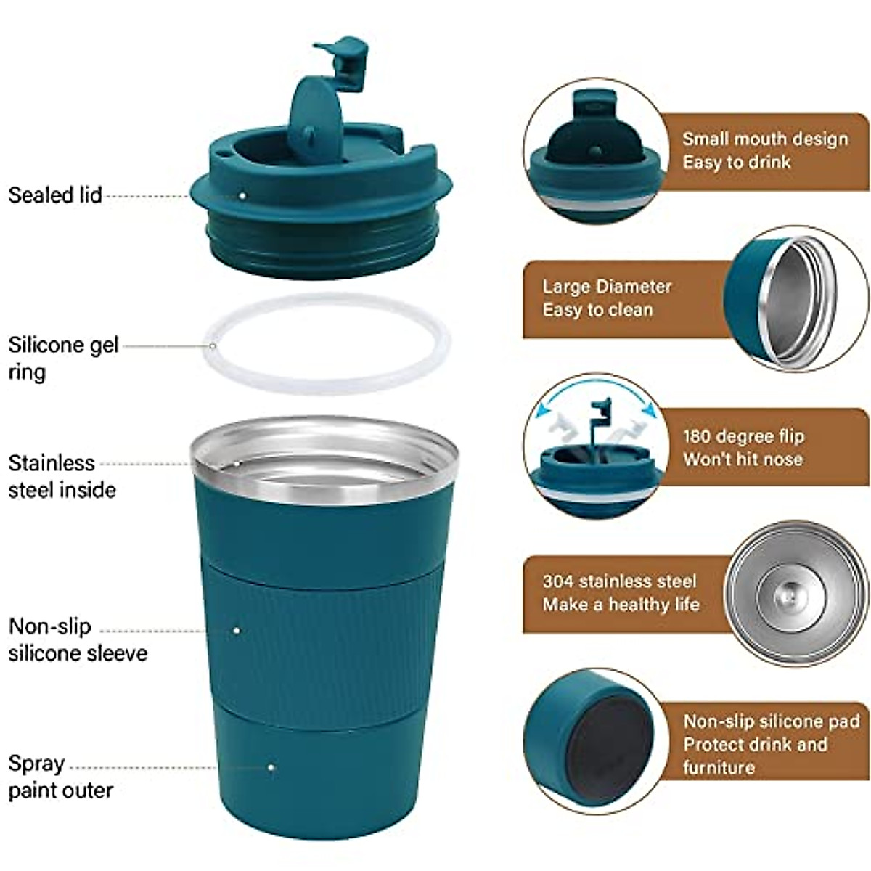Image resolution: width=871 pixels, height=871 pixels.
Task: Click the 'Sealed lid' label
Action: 54,195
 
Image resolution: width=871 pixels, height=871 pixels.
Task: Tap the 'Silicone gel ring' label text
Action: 62,357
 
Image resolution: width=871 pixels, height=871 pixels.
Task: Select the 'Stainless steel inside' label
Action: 62,476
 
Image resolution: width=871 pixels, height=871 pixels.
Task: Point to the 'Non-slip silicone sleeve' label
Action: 77,639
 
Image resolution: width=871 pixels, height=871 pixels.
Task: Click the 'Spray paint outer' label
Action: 60,777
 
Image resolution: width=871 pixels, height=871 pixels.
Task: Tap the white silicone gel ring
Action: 327,385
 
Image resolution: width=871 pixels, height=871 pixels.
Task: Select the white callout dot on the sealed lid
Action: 242,195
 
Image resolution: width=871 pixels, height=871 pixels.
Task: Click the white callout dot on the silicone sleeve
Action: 237,630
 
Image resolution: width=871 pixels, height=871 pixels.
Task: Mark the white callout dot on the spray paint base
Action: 271,767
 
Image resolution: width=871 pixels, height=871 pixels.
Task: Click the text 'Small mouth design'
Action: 764,139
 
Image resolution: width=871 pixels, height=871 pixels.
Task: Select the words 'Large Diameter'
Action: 607,287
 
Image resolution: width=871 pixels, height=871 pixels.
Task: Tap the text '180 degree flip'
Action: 743,436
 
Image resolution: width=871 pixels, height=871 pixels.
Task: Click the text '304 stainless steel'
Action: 619,581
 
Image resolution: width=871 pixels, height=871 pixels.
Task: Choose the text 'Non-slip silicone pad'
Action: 771,721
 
